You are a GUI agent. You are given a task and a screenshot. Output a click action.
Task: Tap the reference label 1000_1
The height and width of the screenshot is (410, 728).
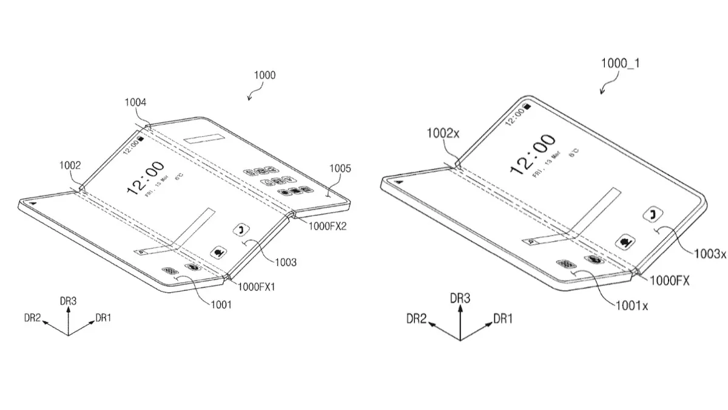coord(619,63)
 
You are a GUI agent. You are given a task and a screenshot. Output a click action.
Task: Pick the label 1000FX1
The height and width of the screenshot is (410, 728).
coord(257,287)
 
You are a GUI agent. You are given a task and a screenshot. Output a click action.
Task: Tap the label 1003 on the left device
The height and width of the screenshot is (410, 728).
coord(285,262)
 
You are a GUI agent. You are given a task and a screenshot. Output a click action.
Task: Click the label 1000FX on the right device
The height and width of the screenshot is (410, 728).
coord(670,280)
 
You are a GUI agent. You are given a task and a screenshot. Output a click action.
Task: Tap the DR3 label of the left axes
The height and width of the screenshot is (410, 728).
coord(68,301)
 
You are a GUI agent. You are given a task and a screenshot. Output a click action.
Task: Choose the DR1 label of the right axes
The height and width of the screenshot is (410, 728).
coord(505,318)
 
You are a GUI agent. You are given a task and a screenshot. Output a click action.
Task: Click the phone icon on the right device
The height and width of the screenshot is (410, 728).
coord(653,214)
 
